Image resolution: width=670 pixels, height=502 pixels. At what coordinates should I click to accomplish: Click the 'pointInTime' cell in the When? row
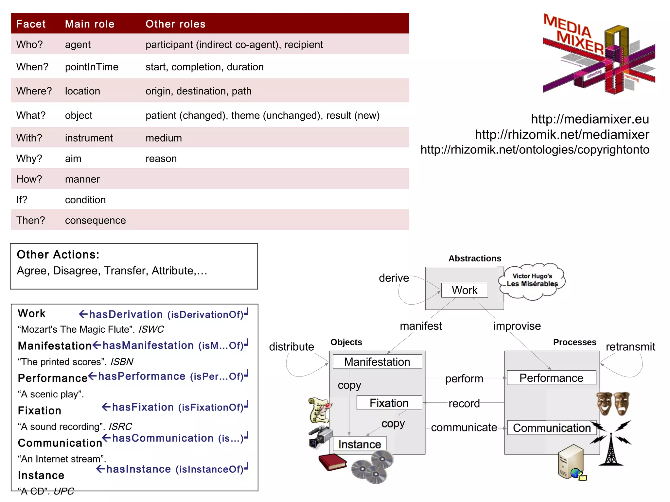(x=92, y=67)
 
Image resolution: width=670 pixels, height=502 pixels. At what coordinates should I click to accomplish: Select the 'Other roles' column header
(x=175, y=24)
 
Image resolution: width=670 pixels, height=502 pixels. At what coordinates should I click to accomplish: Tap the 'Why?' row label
(x=29, y=159)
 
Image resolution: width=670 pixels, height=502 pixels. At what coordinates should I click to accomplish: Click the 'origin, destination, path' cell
(x=198, y=91)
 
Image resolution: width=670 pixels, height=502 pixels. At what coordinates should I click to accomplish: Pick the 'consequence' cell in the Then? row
(x=95, y=220)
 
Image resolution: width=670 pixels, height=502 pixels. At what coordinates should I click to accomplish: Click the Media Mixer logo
(x=598, y=54)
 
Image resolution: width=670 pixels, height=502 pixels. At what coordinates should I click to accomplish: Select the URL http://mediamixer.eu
(x=590, y=119)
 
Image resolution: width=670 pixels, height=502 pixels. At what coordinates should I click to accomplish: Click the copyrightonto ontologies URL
(x=535, y=150)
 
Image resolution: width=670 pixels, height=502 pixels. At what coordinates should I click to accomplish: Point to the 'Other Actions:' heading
(x=58, y=255)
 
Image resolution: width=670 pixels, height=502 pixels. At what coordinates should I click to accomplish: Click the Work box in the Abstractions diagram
(x=464, y=290)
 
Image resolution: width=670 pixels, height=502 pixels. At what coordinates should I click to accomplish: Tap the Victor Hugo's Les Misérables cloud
(x=532, y=281)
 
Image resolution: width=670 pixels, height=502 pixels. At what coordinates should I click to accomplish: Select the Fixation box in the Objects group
(x=389, y=403)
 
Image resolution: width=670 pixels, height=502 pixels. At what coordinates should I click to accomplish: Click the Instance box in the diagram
(x=360, y=444)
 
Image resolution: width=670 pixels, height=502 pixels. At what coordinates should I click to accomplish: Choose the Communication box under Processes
(x=552, y=427)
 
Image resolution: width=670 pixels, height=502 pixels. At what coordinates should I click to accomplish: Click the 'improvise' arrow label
(x=517, y=326)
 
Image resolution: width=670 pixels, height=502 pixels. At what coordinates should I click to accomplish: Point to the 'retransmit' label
(x=630, y=346)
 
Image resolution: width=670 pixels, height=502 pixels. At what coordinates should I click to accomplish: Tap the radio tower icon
(x=610, y=449)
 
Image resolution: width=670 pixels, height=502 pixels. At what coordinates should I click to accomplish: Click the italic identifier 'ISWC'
(x=151, y=329)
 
